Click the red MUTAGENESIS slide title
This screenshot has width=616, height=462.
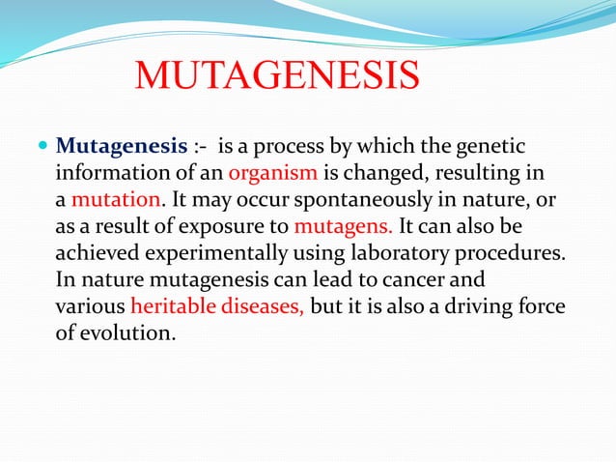277,74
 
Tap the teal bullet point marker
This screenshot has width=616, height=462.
42,146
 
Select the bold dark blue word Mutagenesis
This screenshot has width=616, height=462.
122,147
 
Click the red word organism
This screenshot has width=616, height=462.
273,172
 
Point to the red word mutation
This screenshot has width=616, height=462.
116,199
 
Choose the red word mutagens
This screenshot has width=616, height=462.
343,226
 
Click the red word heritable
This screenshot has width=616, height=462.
173,305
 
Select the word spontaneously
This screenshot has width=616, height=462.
363,200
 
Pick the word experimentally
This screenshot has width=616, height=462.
216,253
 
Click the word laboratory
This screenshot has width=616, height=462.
400,253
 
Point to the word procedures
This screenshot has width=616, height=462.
510,253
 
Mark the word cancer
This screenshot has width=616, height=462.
413,280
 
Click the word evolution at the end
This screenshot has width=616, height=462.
127,333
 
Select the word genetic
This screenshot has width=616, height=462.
490,147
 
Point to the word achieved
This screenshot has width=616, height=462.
98,252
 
